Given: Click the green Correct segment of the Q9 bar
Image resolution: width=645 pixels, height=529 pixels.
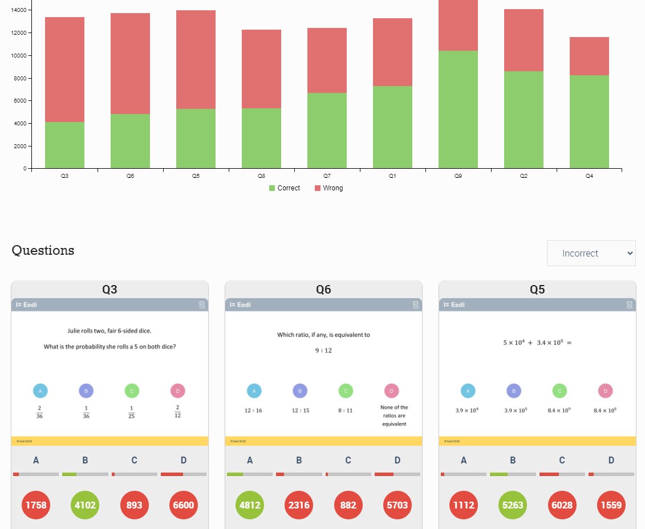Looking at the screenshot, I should [458, 109].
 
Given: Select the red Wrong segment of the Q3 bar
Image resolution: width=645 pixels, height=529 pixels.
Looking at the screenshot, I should [64, 70].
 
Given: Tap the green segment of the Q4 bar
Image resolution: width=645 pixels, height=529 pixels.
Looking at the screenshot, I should [589, 121].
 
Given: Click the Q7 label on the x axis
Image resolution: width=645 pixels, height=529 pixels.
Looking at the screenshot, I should [327, 177].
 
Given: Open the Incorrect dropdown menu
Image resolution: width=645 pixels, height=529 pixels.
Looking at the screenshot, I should [591, 253].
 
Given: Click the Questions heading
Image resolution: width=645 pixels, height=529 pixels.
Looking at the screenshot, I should [43, 250].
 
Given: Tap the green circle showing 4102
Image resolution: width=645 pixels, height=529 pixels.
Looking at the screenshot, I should [85, 505].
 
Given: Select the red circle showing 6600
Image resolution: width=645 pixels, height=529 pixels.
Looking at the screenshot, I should [183, 505].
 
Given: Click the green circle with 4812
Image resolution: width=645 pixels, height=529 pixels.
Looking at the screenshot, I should [250, 505].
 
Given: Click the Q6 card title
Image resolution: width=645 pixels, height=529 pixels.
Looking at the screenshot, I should [323, 290].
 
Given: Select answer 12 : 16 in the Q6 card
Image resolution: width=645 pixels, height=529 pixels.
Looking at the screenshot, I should [253, 410].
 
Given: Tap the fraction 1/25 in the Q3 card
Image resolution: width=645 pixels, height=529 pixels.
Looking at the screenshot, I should [132, 412].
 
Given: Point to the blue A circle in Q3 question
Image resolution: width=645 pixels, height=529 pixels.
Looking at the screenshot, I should [40, 391].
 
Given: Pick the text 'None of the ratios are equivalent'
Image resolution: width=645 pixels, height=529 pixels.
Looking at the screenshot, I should [394, 416].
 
